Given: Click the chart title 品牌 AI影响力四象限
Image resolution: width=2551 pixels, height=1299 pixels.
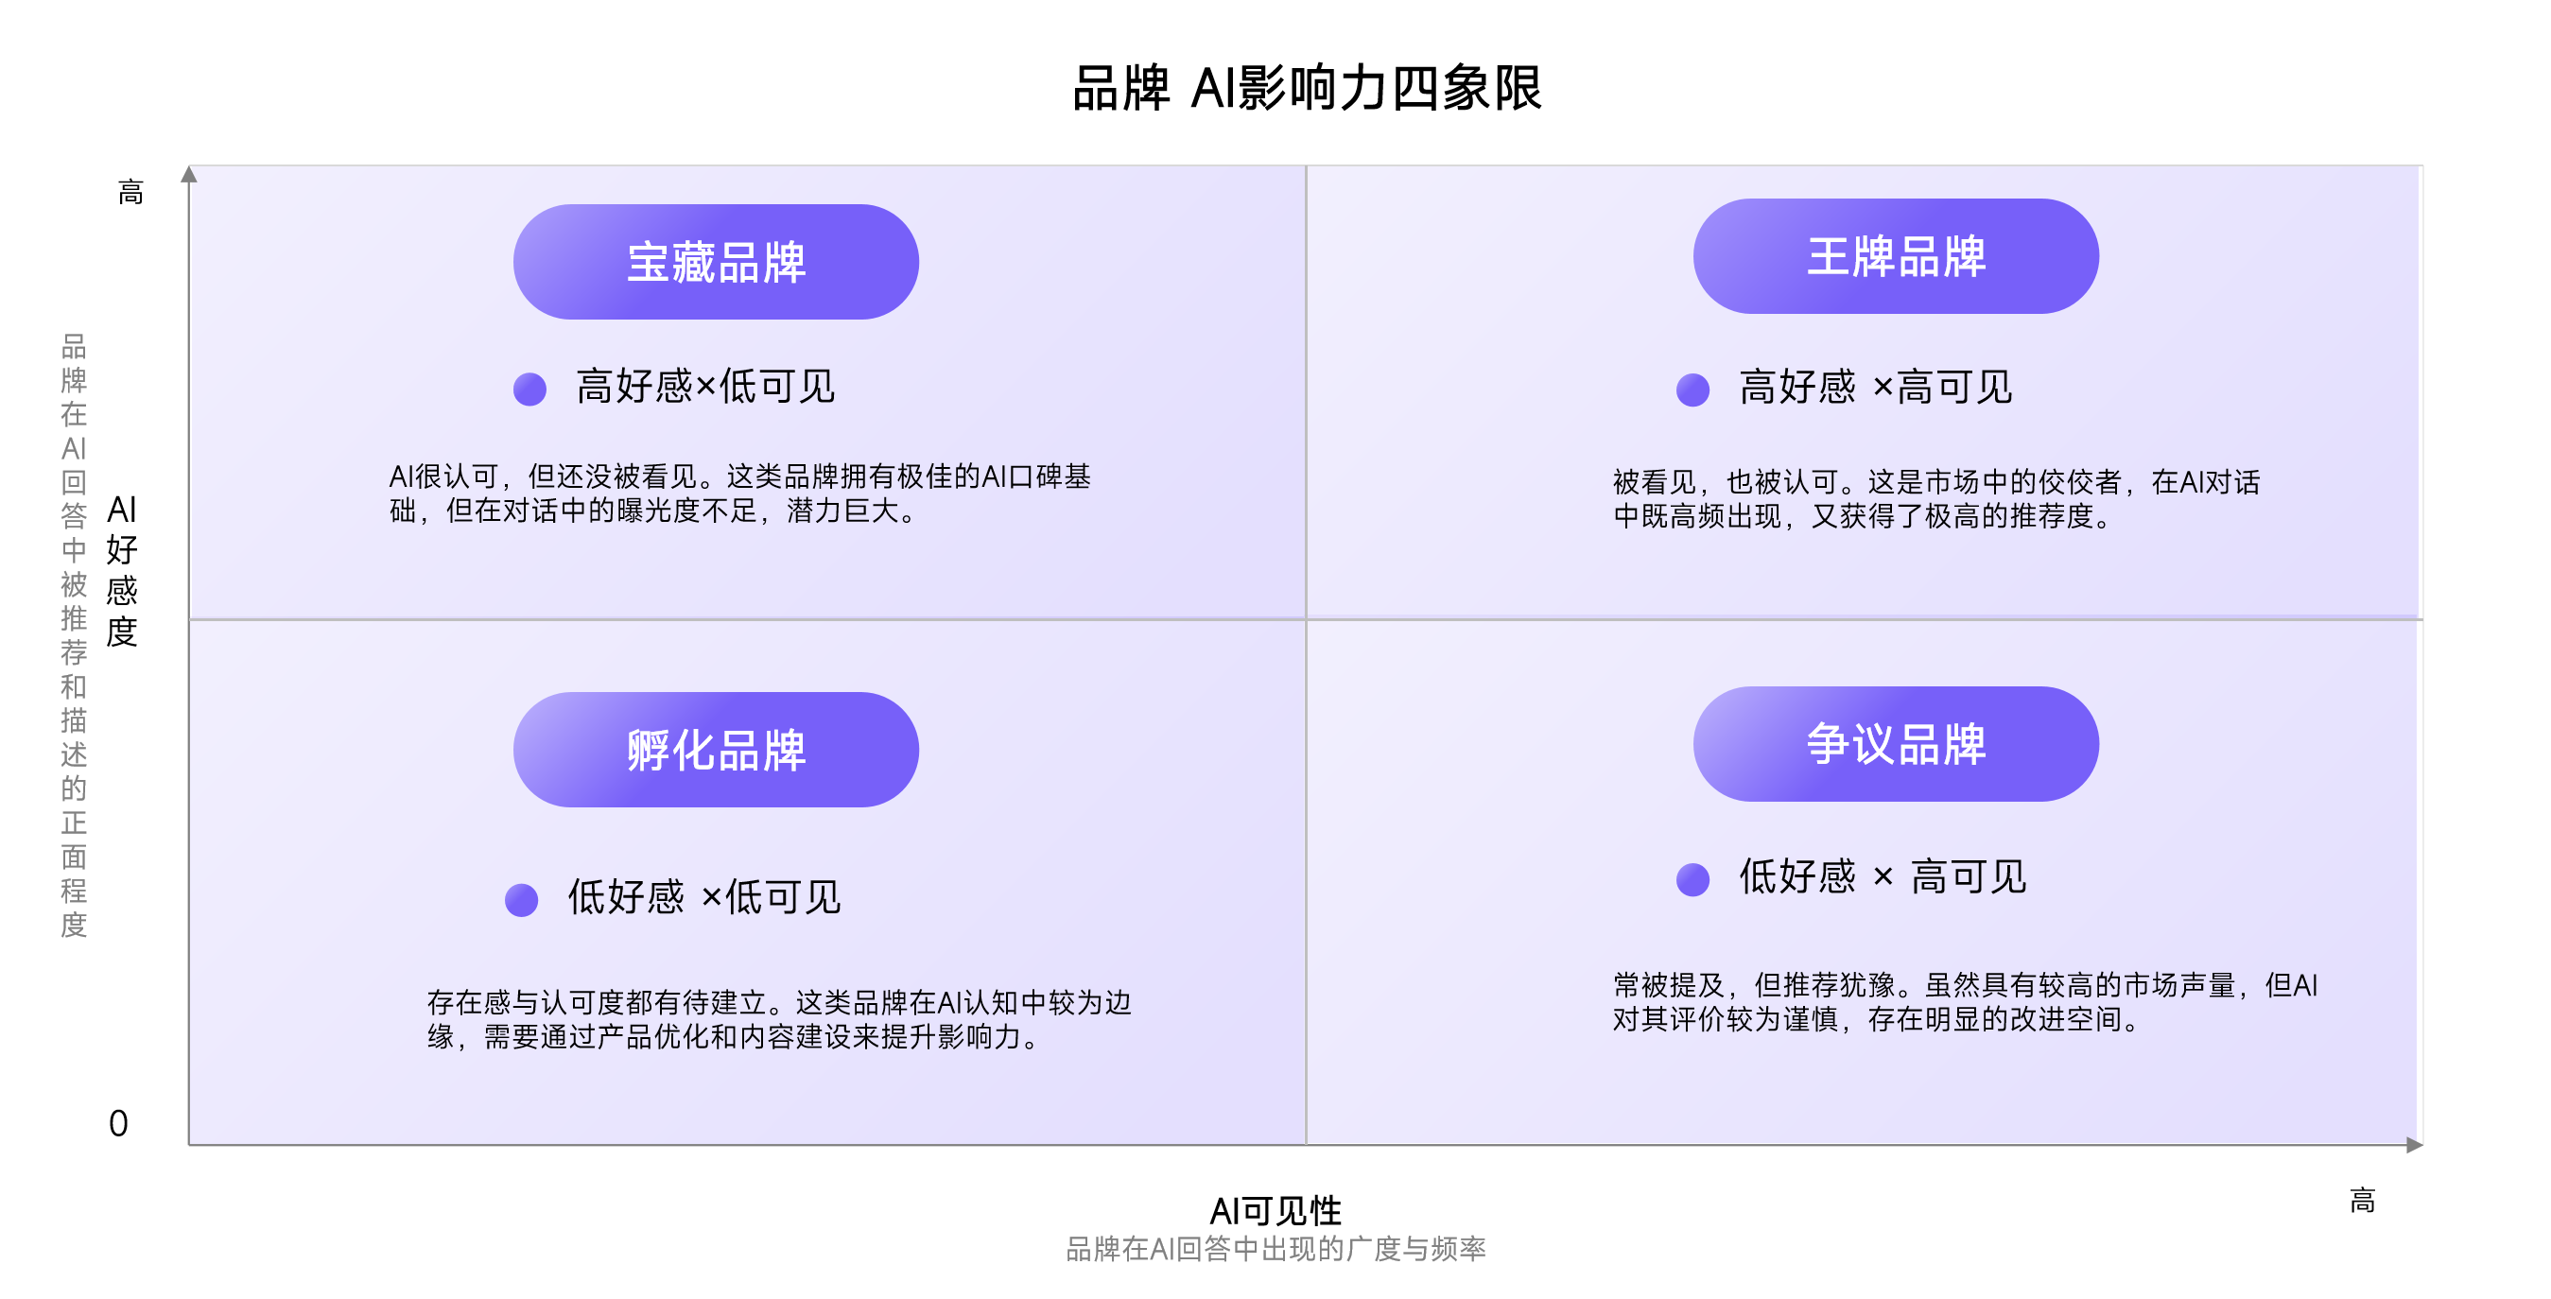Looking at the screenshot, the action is click(x=1308, y=88).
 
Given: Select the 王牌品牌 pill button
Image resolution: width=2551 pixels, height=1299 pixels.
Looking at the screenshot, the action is click(x=1896, y=256).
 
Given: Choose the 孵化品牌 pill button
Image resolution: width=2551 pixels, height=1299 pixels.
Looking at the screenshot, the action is click(x=716, y=750).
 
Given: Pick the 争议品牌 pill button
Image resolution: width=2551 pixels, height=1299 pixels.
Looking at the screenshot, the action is click(x=1896, y=743).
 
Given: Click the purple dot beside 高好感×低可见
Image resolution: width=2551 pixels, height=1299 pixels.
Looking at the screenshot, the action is click(x=529, y=389).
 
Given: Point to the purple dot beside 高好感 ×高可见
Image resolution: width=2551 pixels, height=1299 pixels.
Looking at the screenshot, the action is click(x=1692, y=390).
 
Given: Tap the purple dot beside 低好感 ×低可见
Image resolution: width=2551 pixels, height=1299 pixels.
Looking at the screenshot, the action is click(x=521, y=900).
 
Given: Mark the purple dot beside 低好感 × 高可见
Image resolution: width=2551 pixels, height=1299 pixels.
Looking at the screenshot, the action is click(x=1692, y=879).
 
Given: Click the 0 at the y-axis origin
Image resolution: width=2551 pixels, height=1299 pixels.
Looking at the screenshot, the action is click(x=118, y=1124).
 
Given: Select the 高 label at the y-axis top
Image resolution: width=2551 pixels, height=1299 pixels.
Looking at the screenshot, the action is click(x=130, y=192).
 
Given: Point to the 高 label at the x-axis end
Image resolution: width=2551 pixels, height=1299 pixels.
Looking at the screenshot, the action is click(x=2362, y=1201).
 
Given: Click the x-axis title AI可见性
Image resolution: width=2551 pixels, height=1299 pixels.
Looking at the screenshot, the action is click(x=1275, y=1210).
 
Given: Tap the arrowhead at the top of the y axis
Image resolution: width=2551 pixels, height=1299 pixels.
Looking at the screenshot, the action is click(x=189, y=174).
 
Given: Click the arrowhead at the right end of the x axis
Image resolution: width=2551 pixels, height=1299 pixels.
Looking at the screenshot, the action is click(x=2414, y=1145).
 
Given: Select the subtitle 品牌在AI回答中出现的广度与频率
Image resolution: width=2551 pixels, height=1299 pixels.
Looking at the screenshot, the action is click(x=1275, y=1249).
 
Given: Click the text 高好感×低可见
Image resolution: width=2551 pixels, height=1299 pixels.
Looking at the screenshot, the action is click(x=705, y=386).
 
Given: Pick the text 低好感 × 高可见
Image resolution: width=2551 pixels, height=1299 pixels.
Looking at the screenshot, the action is click(x=1883, y=876).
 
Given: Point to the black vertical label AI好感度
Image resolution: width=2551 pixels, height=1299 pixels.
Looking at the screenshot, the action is click(x=122, y=570).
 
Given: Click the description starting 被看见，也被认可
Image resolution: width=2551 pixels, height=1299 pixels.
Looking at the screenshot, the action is click(x=1936, y=499).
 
